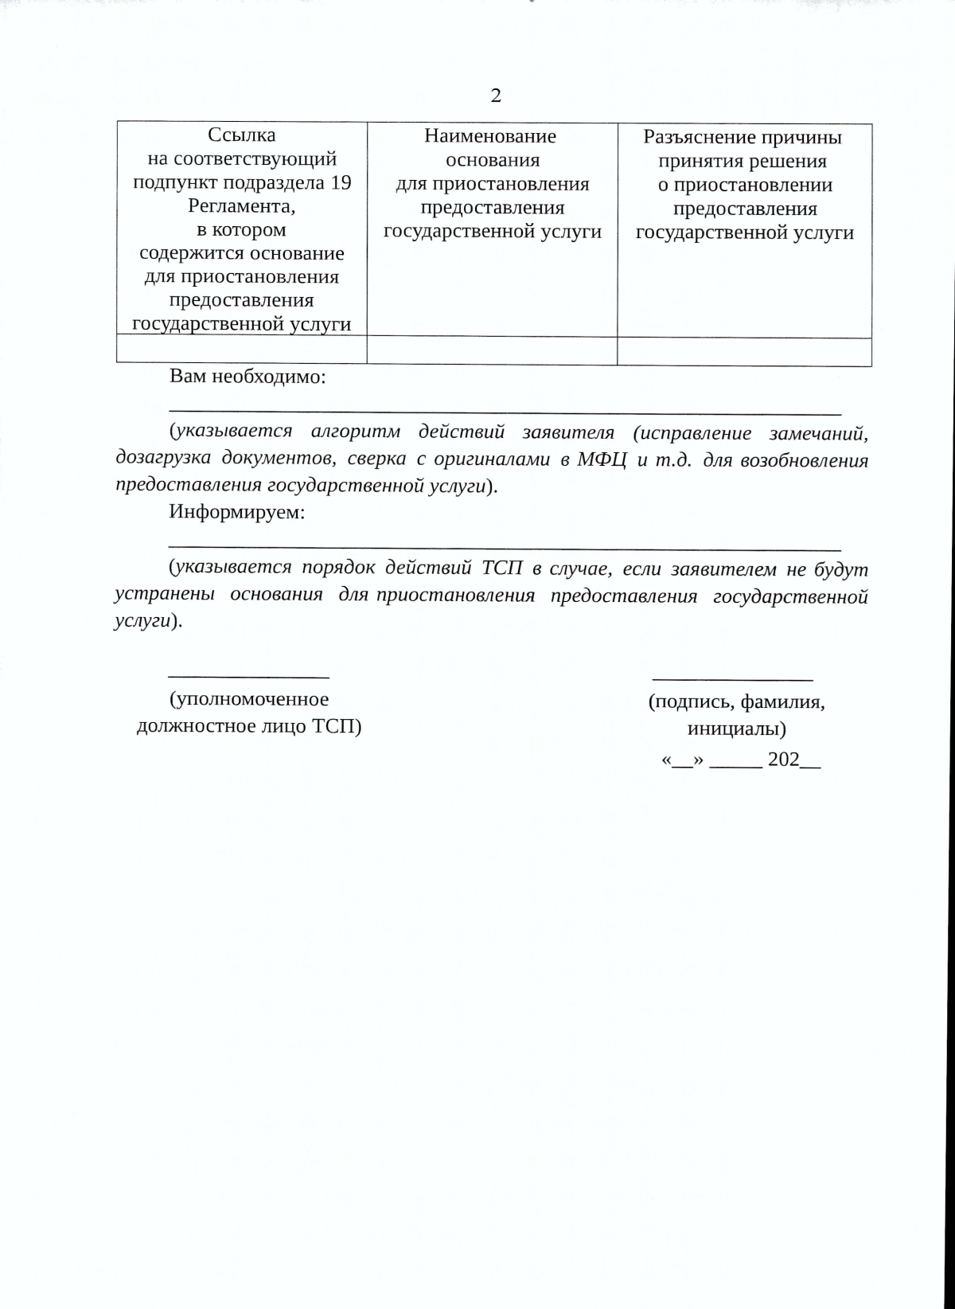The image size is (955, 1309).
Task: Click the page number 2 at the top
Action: [x=496, y=96]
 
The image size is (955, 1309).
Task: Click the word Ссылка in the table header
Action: [x=241, y=135]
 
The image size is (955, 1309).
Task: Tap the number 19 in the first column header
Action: [x=341, y=182]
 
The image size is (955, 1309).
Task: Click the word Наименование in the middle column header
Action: [x=490, y=136]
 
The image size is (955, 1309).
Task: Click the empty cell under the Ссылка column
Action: [x=241, y=350]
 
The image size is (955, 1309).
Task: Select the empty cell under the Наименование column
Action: [x=491, y=350]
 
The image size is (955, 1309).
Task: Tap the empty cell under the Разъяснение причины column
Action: [x=744, y=350]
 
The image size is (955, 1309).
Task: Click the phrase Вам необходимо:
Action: [x=248, y=377]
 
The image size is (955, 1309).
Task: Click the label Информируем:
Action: [x=236, y=512]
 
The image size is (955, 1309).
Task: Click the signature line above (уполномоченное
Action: [x=249, y=677]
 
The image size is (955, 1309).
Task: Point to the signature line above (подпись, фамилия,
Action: [x=732, y=679]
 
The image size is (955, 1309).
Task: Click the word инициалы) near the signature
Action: [x=737, y=729]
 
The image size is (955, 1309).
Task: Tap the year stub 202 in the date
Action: [x=784, y=760]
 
